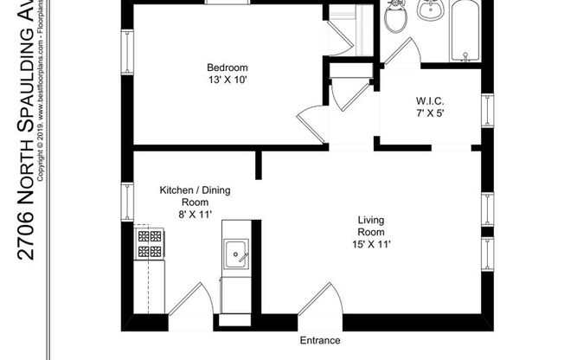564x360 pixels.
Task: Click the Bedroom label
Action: pos(227,68)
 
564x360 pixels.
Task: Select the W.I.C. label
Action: pos(429,100)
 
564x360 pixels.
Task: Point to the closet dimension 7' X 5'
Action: pos(429,113)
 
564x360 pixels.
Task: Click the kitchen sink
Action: pos(235,254)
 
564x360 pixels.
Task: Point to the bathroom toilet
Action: pos(395,16)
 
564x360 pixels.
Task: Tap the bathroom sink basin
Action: pos(431,10)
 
